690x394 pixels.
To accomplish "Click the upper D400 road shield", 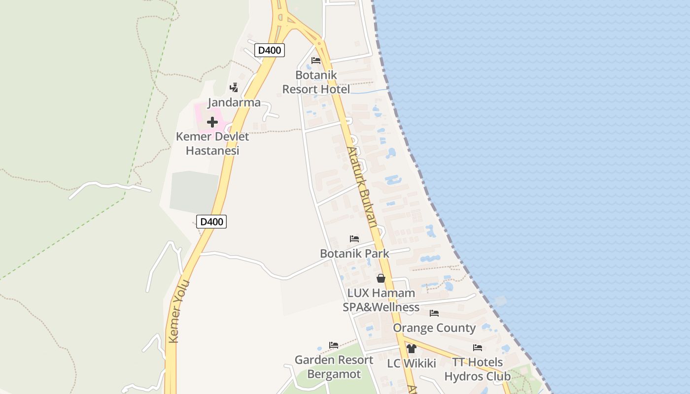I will (270, 50).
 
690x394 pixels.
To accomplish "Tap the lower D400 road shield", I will (212, 222).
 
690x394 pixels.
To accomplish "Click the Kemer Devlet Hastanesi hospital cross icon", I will (212, 122).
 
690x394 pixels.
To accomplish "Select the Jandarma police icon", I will (234, 88).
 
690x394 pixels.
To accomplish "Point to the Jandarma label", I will (234, 102).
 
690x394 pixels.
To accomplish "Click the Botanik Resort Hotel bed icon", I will (316, 61).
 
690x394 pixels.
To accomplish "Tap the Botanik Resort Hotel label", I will (316, 82).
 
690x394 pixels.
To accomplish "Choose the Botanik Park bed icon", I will (354, 239).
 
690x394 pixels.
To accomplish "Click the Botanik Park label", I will (354, 254).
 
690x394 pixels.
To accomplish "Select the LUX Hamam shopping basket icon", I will (381, 278).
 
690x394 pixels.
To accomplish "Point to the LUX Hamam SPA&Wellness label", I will (381, 300).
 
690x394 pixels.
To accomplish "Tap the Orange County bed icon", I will (434, 313).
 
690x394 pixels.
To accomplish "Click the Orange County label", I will (434, 328).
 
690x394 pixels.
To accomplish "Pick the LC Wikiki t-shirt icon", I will (412, 349).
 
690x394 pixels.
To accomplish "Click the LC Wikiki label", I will (412, 363).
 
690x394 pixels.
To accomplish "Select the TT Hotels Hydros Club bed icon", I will (478, 348).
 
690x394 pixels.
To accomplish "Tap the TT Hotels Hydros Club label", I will (478, 369).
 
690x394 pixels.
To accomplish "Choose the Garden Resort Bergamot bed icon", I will (334, 345).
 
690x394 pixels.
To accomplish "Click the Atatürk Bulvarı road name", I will (362, 187).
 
